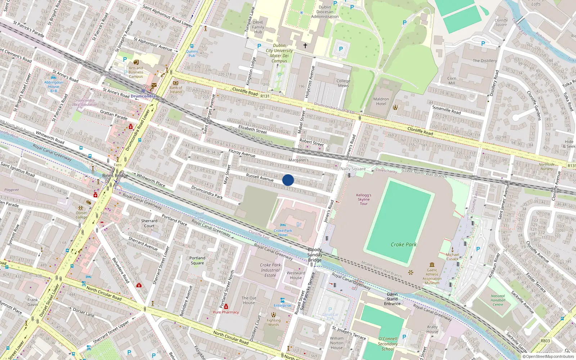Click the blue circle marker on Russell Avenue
pyautogui.click(x=288, y=180)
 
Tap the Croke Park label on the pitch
pyautogui.click(x=404, y=244)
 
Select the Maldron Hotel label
pyautogui.click(x=381, y=102)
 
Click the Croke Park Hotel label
pyautogui.click(x=283, y=233)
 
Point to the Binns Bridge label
pyautogui.click(x=115, y=176)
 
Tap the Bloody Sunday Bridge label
pyautogui.click(x=315, y=255)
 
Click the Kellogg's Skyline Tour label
pyautogui.click(x=364, y=199)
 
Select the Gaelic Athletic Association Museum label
pyautogui.click(x=432, y=276)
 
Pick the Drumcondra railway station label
pyautogui.click(x=143, y=96)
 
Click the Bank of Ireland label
pyautogui.click(x=176, y=90)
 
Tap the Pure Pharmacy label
pyautogui.click(x=226, y=312)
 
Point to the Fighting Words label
pyautogui.click(x=274, y=322)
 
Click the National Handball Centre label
pyautogui.click(x=498, y=300)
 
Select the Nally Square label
pyautogui.click(x=353, y=168)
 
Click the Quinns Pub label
pyautogui.click(x=192, y=54)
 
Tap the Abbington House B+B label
pyautogui.click(x=54, y=86)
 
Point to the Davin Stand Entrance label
pyautogui.click(x=392, y=299)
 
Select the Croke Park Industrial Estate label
pyautogui.click(x=270, y=270)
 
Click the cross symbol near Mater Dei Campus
pyautogui.click(x=305, y=46)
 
